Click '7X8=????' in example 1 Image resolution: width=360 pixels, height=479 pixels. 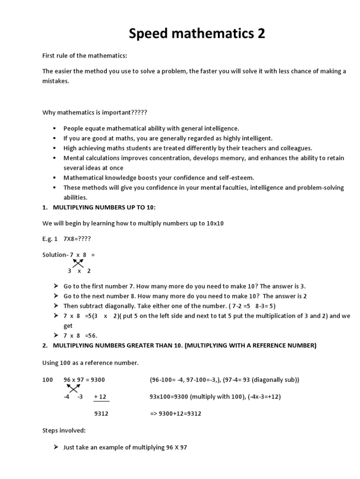[x=77, y=239]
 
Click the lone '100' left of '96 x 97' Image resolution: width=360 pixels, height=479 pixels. [x=47, y=380]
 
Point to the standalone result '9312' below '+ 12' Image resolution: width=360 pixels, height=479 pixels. [x=101, y=414]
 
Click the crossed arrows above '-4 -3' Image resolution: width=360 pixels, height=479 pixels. [x=73, y=388]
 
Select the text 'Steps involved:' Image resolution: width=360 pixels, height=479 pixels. [x=62, y=430]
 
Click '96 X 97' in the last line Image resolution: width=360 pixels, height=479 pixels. [x=177, y=448]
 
